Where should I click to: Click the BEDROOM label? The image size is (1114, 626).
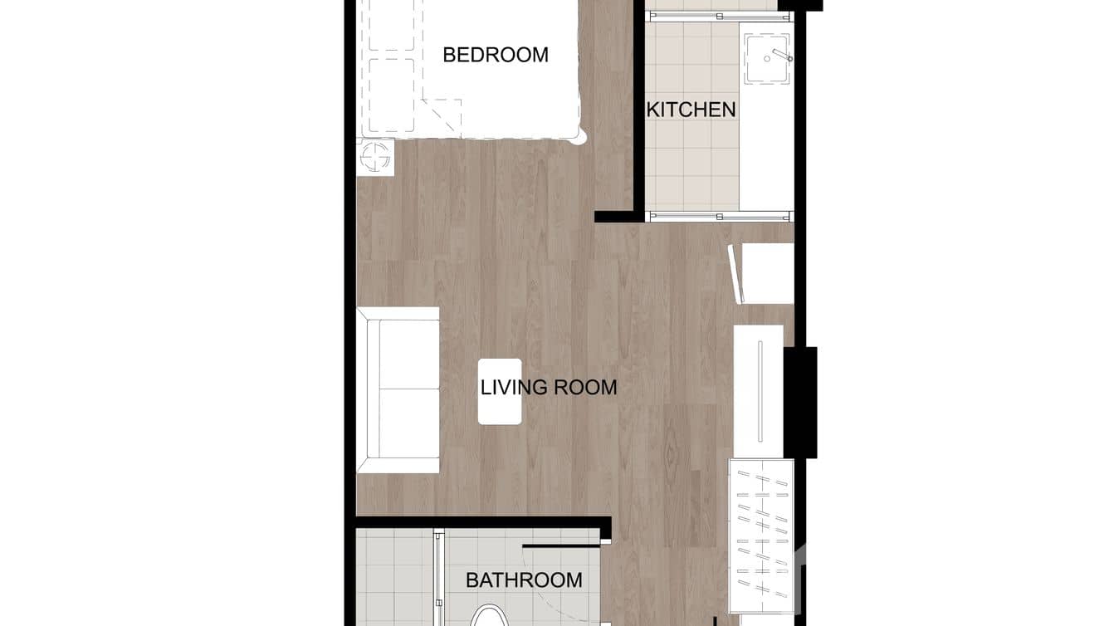[x=496, y=55]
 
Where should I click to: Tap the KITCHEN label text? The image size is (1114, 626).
[x=691, y=110]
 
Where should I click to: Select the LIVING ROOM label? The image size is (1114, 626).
[x=549, y=387]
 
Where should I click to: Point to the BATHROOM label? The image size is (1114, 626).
[x=524, y=580]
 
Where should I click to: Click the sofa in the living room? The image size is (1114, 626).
[x=398, y=390]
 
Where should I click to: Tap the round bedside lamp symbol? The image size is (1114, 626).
[x=375, y=156]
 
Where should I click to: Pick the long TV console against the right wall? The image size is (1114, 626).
[x=759, y=390]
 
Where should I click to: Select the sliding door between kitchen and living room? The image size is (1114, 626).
[x=719, y=216]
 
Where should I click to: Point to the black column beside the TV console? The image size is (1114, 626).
[x=801, y=403]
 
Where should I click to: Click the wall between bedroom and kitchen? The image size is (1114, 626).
[x=639, y=108]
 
